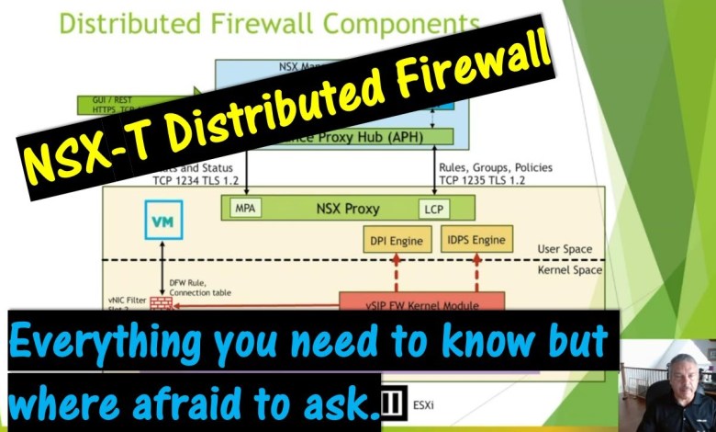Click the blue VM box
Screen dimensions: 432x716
pos(163,221)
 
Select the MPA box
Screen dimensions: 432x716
pos(244,209)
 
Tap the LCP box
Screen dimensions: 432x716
pos(433,209)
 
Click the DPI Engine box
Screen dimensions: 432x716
pos(396,241)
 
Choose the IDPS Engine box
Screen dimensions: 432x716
pos(476,240)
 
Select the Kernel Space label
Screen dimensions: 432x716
pos(570,270)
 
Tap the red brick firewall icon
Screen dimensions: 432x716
pos(161,302)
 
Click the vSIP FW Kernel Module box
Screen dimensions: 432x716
pos(421,301)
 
